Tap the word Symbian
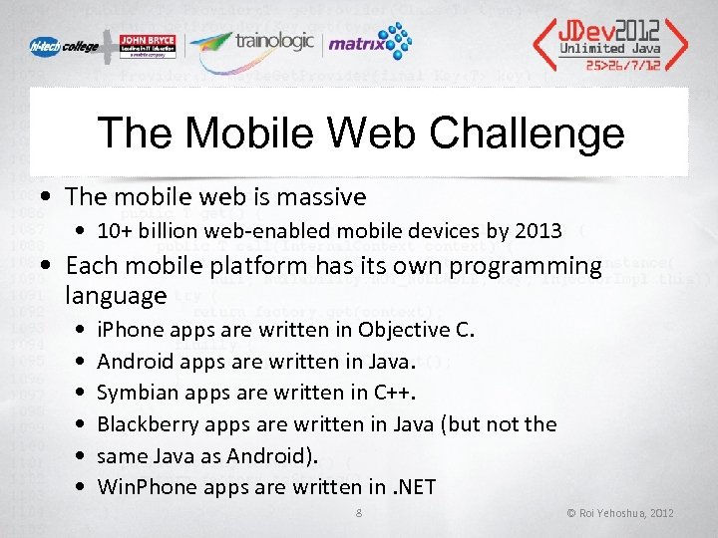138,392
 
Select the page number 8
359,513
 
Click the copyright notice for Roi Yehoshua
619,513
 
